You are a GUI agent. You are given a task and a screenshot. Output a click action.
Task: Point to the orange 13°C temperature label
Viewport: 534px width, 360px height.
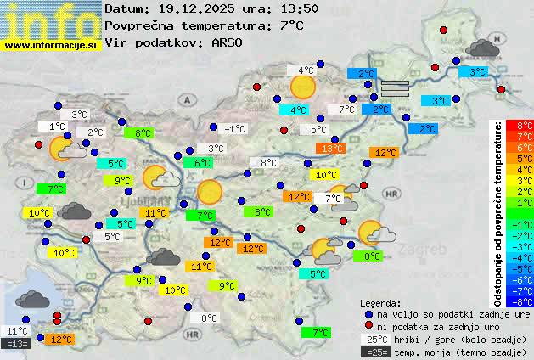click(x=331, y=149)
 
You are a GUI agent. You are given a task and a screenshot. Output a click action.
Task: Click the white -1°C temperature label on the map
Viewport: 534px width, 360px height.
click(x=234, y=129)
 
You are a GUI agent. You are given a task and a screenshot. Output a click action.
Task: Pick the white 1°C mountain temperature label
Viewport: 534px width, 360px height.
click(x=57, y=127)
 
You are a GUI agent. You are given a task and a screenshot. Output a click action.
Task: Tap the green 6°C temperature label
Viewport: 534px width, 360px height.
click(x=202, y=163)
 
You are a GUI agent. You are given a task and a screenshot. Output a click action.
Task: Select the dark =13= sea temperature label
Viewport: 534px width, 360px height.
click(x=16, y=344)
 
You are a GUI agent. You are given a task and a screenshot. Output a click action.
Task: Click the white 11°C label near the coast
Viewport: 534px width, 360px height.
click(x=16, y=331)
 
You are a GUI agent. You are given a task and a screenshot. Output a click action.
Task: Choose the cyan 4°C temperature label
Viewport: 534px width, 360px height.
click(x=298, y=110)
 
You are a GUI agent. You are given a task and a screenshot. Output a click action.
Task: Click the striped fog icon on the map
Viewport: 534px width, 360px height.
click(x=395, y=87)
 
